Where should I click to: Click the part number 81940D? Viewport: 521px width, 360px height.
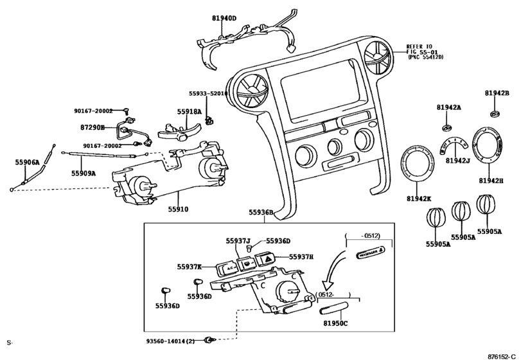tap(225, 19)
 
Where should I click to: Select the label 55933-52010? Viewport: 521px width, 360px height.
tap(208, 93)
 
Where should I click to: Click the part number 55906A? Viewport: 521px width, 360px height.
tap(27, 163)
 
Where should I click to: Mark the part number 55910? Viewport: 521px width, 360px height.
tap(178, 209)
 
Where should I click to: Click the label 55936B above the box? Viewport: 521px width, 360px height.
tap(261, 212)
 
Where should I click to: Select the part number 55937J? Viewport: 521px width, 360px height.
tap(238, 241)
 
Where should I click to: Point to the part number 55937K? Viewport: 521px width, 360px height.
tap(190, 266)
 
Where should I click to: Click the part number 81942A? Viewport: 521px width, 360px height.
tap(449, 107)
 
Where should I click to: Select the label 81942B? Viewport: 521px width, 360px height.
tap(497, 94)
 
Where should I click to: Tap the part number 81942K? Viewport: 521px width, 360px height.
tap(420, 199)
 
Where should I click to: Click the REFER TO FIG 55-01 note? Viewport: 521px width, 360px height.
tap(426, 52)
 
